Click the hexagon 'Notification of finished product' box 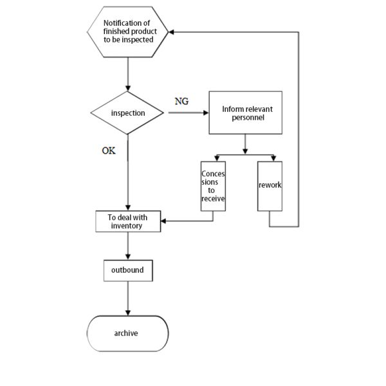(127, 32)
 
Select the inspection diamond (128, 113)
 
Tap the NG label (181, 102)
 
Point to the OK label (109, 151)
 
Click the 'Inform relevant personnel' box (245, 113)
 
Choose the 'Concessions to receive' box (213, 186)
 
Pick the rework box (270, 186)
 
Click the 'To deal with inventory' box (128, 221)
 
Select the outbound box (128, 270)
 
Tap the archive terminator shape (127, 333)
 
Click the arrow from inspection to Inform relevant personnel (188, 113)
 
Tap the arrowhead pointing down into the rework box (273, 158)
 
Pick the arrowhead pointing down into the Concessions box (216, 158)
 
